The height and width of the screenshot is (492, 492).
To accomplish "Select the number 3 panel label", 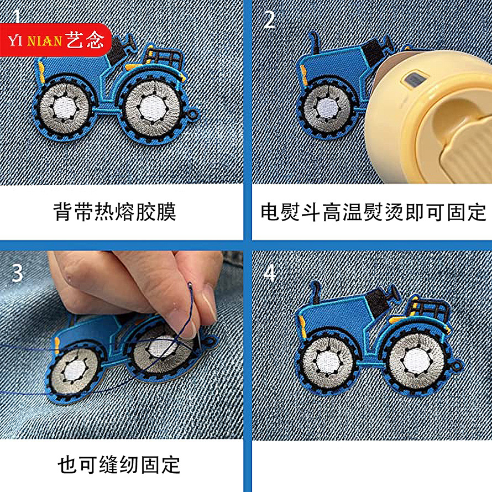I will tap(17, 272).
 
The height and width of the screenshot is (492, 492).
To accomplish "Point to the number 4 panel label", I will tap(269, 273).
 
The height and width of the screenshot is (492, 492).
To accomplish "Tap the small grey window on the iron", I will tap(412, 81).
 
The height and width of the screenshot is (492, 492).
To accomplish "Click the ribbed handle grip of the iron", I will tap(462, 152).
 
